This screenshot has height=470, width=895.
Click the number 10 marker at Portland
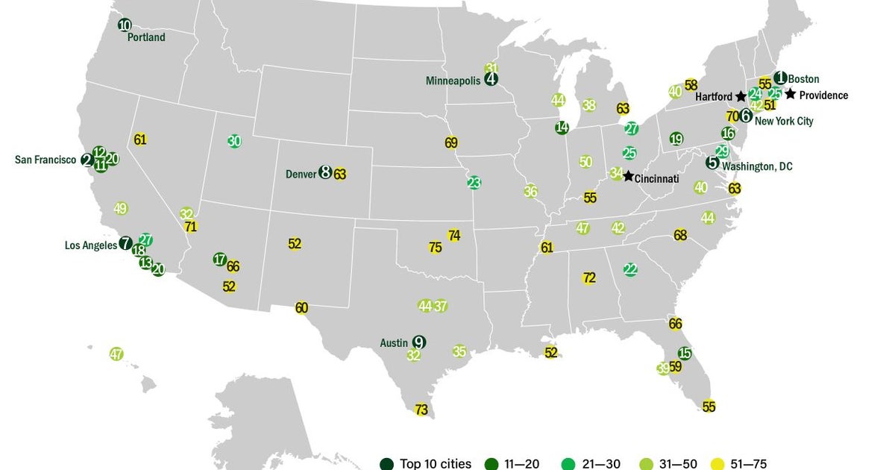125,25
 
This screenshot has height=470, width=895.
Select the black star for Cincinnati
629,176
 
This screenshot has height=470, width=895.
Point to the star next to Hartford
740,96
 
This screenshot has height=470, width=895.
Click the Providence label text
823,95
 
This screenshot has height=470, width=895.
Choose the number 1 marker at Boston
780,78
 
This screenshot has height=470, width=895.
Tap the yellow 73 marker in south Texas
421,409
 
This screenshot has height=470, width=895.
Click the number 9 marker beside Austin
419,342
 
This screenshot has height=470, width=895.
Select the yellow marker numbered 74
454,236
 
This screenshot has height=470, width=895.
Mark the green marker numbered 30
234,140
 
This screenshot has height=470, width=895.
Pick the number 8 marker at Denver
325,172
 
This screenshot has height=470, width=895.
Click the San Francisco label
45,160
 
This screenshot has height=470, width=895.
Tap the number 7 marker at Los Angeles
125,243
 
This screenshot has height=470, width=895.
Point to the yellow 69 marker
451,142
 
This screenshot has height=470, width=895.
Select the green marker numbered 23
474,182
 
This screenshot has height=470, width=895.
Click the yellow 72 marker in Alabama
589,278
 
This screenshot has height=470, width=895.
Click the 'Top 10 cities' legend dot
386,464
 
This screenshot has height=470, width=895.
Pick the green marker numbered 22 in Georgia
630,269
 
